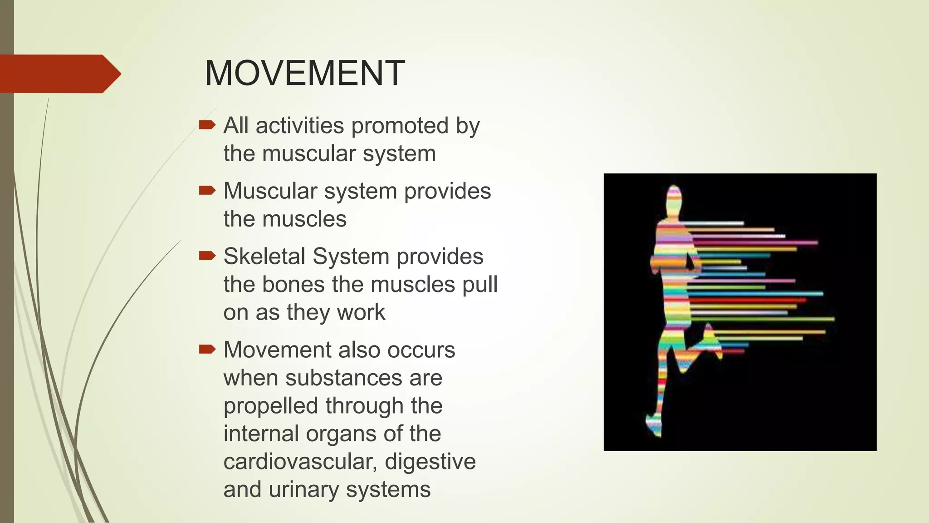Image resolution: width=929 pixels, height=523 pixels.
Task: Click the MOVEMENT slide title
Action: click(304, 73)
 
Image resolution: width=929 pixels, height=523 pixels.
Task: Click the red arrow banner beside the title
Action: click(59, 74)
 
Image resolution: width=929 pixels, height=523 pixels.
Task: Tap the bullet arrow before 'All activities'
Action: click(207, 125)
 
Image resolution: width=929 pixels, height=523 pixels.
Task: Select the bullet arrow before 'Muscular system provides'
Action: click(207, 191)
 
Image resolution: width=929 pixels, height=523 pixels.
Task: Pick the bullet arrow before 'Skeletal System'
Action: click(207, 256)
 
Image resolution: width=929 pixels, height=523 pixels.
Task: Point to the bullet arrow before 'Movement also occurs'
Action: click(207, 349)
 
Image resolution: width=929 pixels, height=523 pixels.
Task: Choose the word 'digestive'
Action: click(430, 462)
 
